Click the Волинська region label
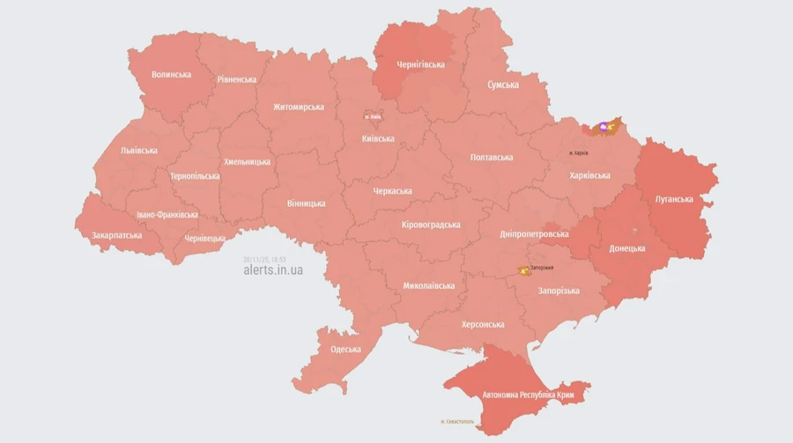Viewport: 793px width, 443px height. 171,75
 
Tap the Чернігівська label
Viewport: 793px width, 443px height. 420,64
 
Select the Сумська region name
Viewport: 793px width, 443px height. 503,85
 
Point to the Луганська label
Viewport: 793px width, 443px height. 674,199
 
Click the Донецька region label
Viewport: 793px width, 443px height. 627,248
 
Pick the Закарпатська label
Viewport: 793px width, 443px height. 116,235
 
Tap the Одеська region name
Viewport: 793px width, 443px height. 345,349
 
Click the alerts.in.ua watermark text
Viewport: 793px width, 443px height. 273,269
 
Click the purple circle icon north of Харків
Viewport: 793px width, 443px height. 604,127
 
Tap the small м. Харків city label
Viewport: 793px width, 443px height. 578,152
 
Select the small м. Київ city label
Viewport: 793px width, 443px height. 373,116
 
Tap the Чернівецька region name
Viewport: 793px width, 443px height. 205,238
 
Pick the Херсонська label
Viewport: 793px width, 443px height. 483,324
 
